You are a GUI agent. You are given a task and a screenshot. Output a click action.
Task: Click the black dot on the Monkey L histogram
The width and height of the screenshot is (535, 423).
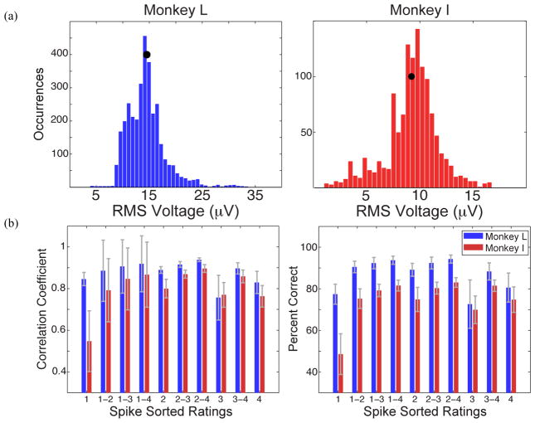pos(146,55)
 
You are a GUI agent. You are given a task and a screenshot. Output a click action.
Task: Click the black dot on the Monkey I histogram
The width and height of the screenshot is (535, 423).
pos(411,76)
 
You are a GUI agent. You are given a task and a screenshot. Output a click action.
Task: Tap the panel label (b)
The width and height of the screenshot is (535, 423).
pos(11,223)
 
